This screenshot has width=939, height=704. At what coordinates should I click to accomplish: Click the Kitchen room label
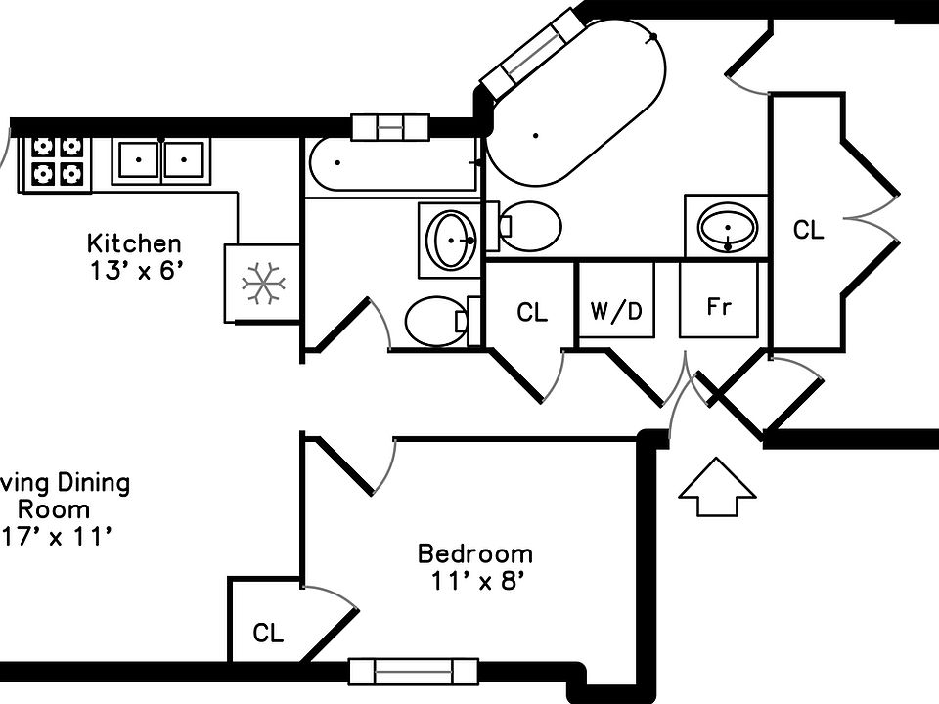(x=134, y=243)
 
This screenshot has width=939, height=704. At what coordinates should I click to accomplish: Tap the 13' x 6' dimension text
(x=134, y=271)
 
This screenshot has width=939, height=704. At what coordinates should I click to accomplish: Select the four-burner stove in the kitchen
(x=55, y=161)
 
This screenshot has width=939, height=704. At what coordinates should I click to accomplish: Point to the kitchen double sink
(x=160, y=159)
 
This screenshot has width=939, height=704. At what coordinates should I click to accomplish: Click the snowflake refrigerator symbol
(x=262, y=283)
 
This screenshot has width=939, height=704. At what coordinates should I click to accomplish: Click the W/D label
(x=616, y=311)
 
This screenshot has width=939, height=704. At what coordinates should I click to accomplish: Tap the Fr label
(x=719, y=307)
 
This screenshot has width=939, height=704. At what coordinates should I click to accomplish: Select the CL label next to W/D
(x=532, y=313)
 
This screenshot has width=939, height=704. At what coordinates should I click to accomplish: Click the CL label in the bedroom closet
(x=268, y=634)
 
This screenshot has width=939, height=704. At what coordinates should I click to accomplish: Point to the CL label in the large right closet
(x=808, y=231)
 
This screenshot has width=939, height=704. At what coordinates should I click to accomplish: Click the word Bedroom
(x=475, y=554)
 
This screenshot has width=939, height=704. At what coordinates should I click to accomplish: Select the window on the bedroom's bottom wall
(x=413, y=672)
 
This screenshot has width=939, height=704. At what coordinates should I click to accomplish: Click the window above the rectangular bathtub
(x=389, y=127)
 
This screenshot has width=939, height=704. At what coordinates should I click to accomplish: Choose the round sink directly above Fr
(x=727, y=228)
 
